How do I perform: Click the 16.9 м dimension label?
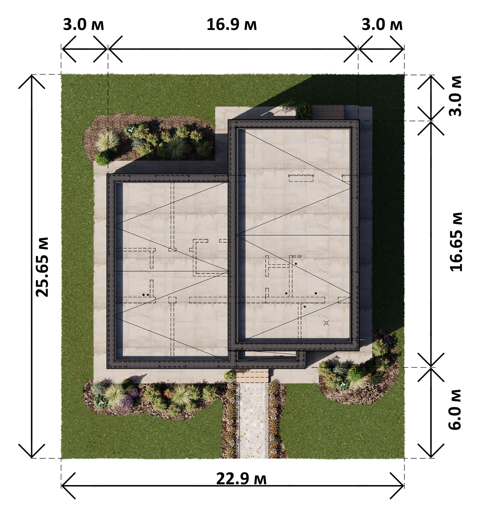point(232,25)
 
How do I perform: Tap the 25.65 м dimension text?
point(42,267)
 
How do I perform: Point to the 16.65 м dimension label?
point(456,242)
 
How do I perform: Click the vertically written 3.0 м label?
point(455,96)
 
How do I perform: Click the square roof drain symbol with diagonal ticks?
point(326,323)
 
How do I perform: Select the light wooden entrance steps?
point(252,376)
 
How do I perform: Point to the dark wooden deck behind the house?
point(328,113)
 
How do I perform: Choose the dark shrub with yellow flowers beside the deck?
point(304,111)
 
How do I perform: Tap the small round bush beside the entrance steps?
point(230,377)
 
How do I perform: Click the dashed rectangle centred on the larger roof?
point(301,178)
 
